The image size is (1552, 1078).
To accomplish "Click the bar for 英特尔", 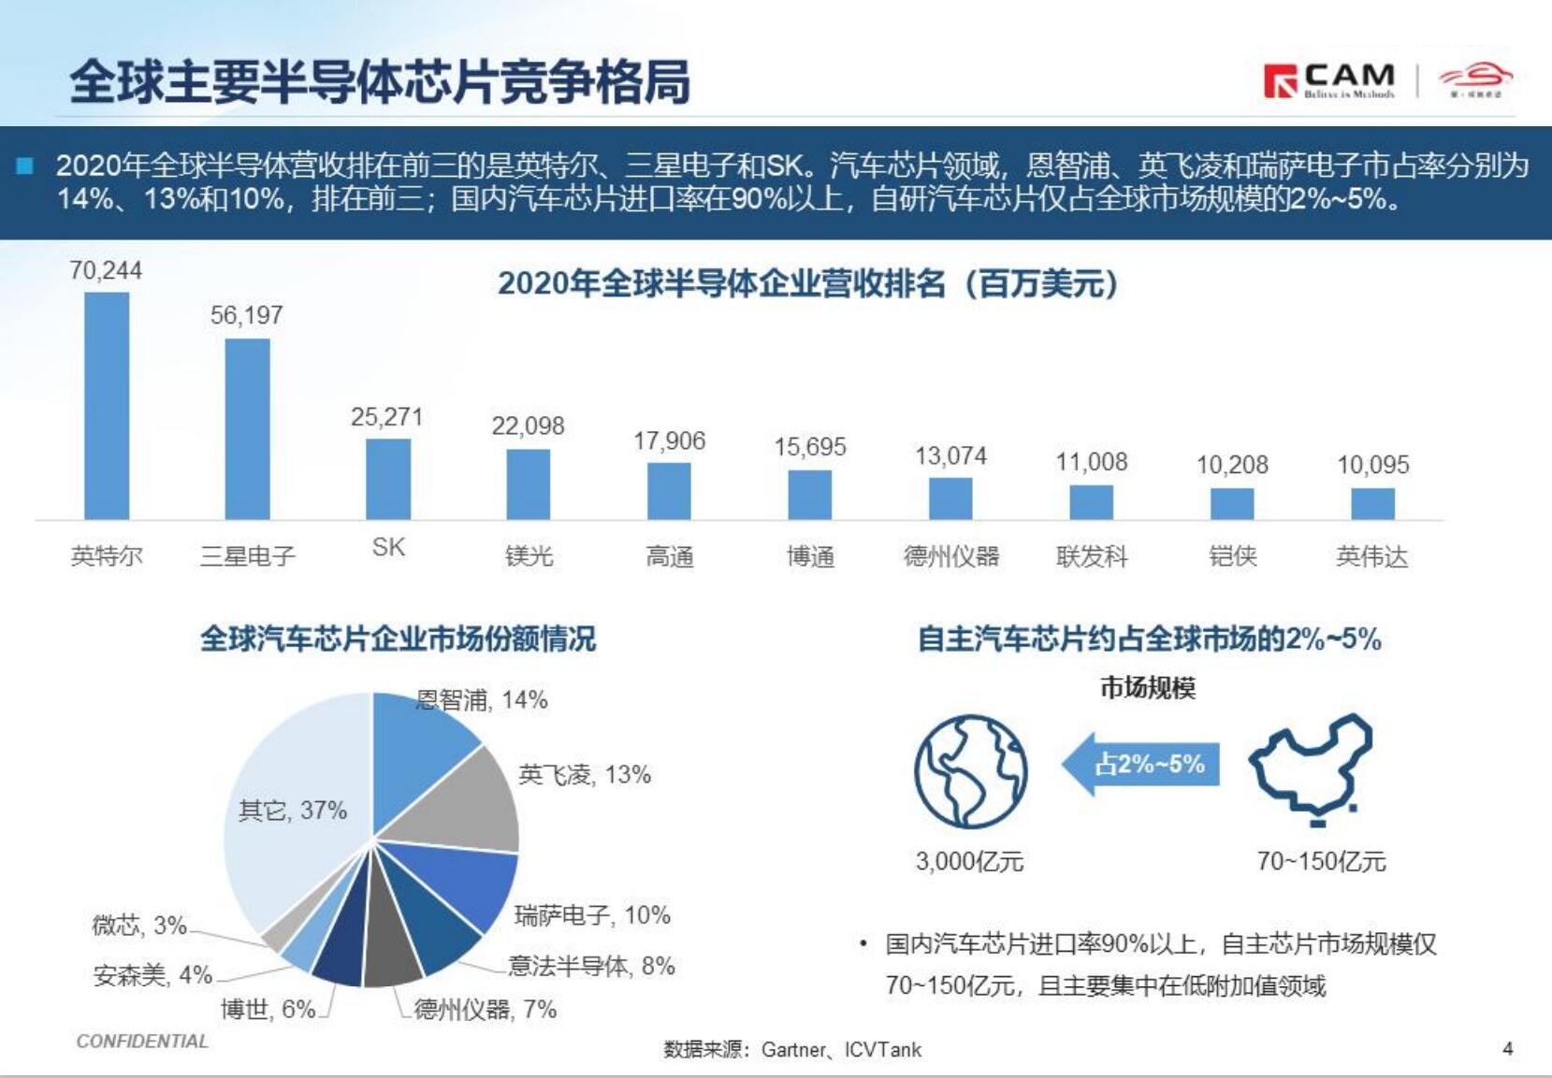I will click(x=107, y=406).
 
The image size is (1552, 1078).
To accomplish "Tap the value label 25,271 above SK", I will click(x=386, y=417).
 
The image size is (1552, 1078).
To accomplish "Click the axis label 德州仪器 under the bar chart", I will click(x=950, y=557).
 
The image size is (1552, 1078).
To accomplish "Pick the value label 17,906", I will click(x=669, y=441).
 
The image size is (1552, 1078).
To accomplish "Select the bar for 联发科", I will click(x=1091, y=502).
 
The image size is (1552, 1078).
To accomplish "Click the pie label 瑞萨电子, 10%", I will click(x=592, y=915).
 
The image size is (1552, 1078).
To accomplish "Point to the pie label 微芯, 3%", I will click(x=139, y=926).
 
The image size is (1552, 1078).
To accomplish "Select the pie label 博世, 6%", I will click(x=268, y=1010).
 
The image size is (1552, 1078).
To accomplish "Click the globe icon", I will click(x=970, y=772).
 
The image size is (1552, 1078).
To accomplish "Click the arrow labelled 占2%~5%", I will click(x=1141, y=764).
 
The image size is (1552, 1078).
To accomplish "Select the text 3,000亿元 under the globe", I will click(x=969, y=861).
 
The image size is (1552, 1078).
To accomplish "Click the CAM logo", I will click(x=1329, y=80).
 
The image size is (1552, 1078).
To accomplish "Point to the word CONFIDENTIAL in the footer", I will click(x=142, y=1042).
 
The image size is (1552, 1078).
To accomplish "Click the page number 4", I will click(x=1507, y=1049).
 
